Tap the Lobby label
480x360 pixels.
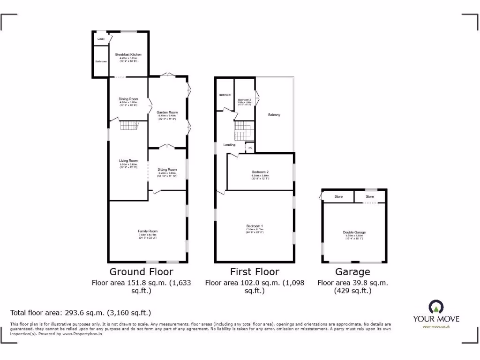(101, 39)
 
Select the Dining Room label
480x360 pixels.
(128, 99)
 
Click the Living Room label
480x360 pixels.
(128, 161)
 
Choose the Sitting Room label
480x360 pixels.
(167, 169)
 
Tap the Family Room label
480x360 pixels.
(148, 231)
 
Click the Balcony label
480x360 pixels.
(274, 115)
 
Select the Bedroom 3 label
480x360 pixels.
(244, 100)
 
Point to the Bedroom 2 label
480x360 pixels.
(260, 172)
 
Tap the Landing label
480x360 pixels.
(229, 145)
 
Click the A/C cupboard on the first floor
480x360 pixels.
(250, 148)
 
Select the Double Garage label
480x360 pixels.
(354, 232)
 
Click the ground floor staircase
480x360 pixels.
(129, 126)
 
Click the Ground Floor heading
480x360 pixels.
(141, 272)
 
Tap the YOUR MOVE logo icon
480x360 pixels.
(436, 307)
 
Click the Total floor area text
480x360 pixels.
(81, 313)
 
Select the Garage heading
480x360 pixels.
(352, 272)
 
